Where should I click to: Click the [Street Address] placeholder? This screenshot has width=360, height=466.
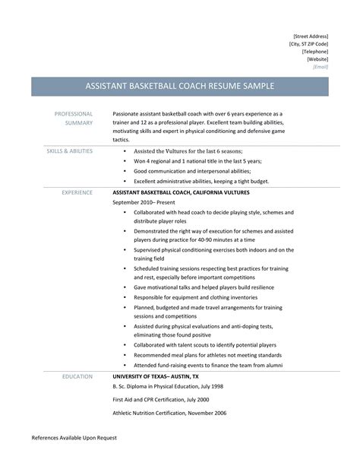click(312, 36)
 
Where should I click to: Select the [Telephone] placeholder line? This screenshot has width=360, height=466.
click(314, 51)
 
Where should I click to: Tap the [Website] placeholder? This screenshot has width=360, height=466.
click(317, 59)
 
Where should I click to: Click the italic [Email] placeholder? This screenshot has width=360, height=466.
click(321, 66)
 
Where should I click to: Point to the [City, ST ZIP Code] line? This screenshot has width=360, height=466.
click(309, 43)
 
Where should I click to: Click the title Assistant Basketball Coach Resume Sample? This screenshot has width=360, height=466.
click(179, 86)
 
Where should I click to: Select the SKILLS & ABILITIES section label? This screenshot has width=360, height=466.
click(70, 151)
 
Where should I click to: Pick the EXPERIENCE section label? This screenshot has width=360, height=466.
click(77, 192)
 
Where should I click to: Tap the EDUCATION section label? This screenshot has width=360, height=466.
click(77, 376)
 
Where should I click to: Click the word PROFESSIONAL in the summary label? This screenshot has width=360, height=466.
click(73, 113)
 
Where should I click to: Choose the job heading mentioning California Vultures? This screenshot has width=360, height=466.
click(194, 192)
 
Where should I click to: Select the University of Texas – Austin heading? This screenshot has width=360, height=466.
click(156, 376)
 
